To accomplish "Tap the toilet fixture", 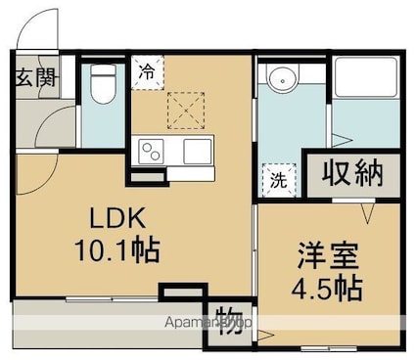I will pos(100,84).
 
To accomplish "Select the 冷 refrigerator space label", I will pos(147,70).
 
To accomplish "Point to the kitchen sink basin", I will pos(198,151).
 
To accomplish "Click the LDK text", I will pos(114,218).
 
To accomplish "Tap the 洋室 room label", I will pos(328,258).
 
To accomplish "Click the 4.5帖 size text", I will pos(328,288).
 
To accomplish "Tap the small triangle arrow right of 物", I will pos(261,337).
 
